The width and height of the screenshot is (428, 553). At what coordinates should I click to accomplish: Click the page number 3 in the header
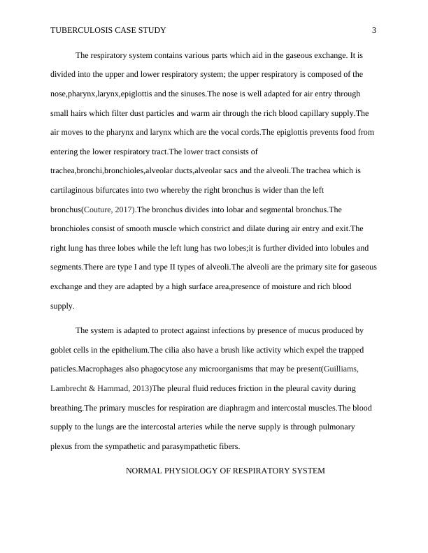(x=374, y=30)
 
